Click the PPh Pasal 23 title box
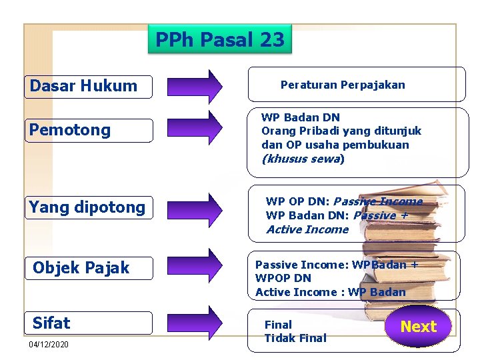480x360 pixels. coord(220,40)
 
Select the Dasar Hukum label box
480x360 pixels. coord(90,86)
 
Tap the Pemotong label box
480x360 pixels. coord(90,130)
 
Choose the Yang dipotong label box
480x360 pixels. coord(90,207)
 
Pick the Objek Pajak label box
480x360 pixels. coord(90,268)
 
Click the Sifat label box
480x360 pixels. coord(90,323)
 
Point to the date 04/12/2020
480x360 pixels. coord(48,345)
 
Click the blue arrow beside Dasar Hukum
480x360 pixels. coord(195,87)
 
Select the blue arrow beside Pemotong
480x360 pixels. coord(195,128)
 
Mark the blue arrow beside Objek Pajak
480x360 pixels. coord(195,265)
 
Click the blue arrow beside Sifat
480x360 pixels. coord(195,323)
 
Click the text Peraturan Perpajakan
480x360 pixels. coord(343,85)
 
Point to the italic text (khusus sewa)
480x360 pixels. coord(303,159)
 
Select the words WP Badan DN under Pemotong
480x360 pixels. coord(300,118)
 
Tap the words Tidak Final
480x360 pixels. coord(295,338)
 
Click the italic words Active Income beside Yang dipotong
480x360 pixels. coord(307,230)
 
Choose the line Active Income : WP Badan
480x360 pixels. coord(330,292)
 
